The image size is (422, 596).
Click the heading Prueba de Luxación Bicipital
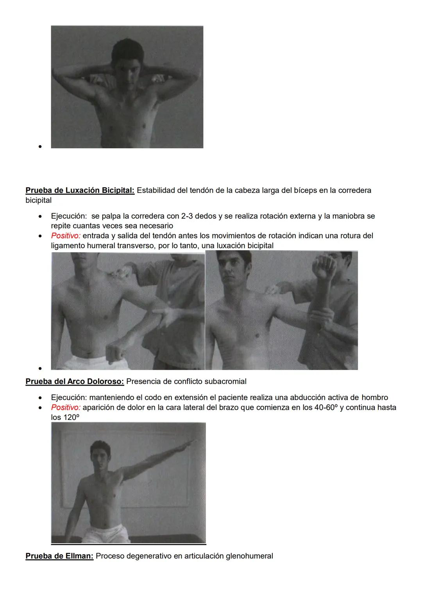[x=80, y=190]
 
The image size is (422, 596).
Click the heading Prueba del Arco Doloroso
[x=75, y=381]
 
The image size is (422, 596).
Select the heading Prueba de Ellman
[x=59, y=556]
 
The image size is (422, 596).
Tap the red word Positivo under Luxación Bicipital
[x=65, y=236]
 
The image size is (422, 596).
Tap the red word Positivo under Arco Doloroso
[x=65, y=407]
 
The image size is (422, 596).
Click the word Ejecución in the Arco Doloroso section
[x=69, y=398]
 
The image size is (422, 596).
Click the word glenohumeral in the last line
[x=249, y=556]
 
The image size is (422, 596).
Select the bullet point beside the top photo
[x=40, y=147]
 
